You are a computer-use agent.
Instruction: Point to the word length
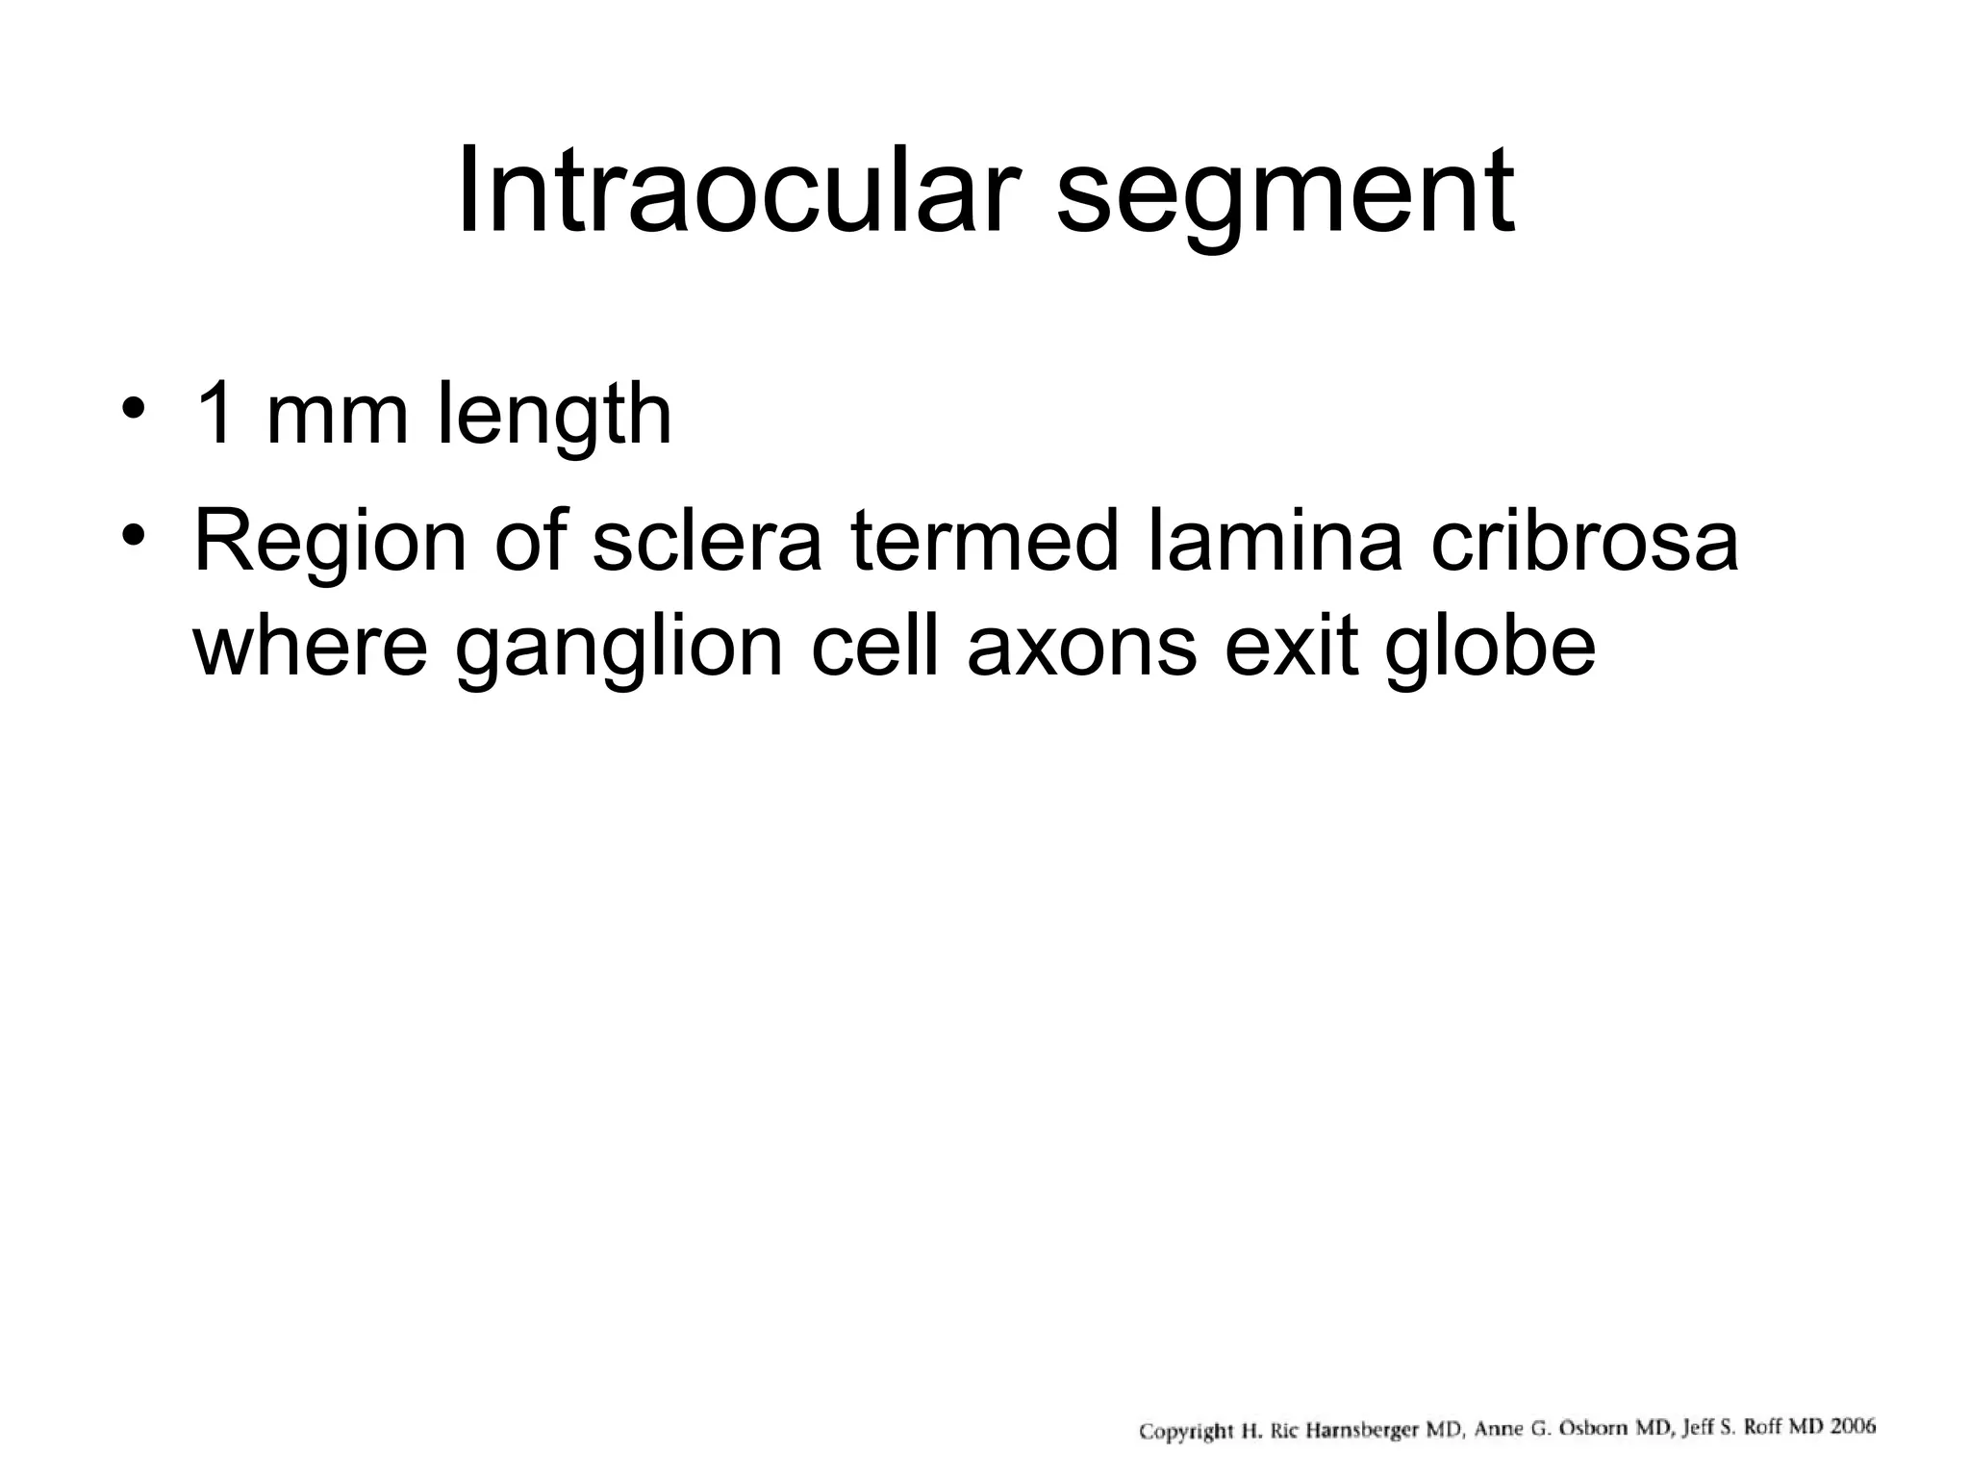[554, 416]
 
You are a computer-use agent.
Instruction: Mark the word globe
[1490, 646]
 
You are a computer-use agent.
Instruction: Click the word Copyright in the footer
[1185, 1432]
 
